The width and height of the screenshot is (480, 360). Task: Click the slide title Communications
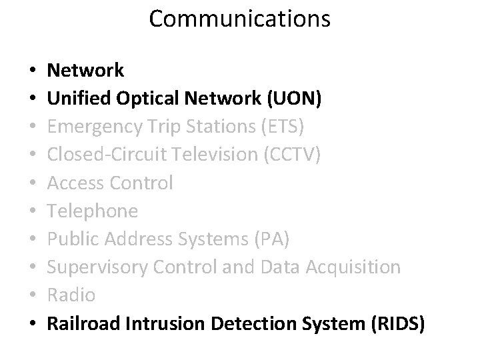tap(239, 19)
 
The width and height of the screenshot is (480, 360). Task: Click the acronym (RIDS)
tap(394, 323)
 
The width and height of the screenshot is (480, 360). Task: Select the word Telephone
tap(93, 211)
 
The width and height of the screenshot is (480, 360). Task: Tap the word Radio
tap(72, 295)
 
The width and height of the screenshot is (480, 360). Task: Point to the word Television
tap(217, 154)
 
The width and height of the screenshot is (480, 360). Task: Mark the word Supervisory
tap(99, 267)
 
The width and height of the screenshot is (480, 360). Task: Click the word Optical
tap(145, 98)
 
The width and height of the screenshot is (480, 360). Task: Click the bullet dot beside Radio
tap(33, 295)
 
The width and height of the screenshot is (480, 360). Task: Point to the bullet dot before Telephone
tap(33, 211)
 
